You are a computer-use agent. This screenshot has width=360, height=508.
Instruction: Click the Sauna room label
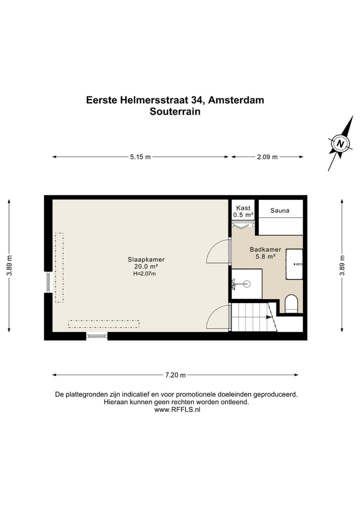point(280,211)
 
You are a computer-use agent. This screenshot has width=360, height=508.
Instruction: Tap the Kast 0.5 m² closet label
point(243,211)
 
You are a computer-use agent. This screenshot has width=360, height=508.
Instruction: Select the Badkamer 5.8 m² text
point(265,253)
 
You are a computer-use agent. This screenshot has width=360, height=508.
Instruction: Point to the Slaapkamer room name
point(146,259)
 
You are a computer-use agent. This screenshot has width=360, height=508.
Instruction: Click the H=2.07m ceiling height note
point(144,274)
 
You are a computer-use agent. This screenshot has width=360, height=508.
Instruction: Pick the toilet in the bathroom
point(291,304)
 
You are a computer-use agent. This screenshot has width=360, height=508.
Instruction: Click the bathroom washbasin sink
point(294,264)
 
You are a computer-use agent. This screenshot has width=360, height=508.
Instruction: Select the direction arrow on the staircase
point(269,316)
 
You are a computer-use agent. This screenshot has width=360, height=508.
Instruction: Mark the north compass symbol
point(340,144)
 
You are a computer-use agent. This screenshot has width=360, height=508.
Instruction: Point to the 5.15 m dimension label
point(140,157)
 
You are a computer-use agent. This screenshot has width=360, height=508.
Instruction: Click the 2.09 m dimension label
point(267,157)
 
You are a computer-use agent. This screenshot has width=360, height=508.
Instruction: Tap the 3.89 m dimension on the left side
point(9,265)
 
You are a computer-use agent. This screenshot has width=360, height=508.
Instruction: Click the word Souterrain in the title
point(175,112)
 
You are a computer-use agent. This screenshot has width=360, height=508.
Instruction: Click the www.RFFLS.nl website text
point(177,410)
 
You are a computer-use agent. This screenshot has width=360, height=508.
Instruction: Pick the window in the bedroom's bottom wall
point(97,336)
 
